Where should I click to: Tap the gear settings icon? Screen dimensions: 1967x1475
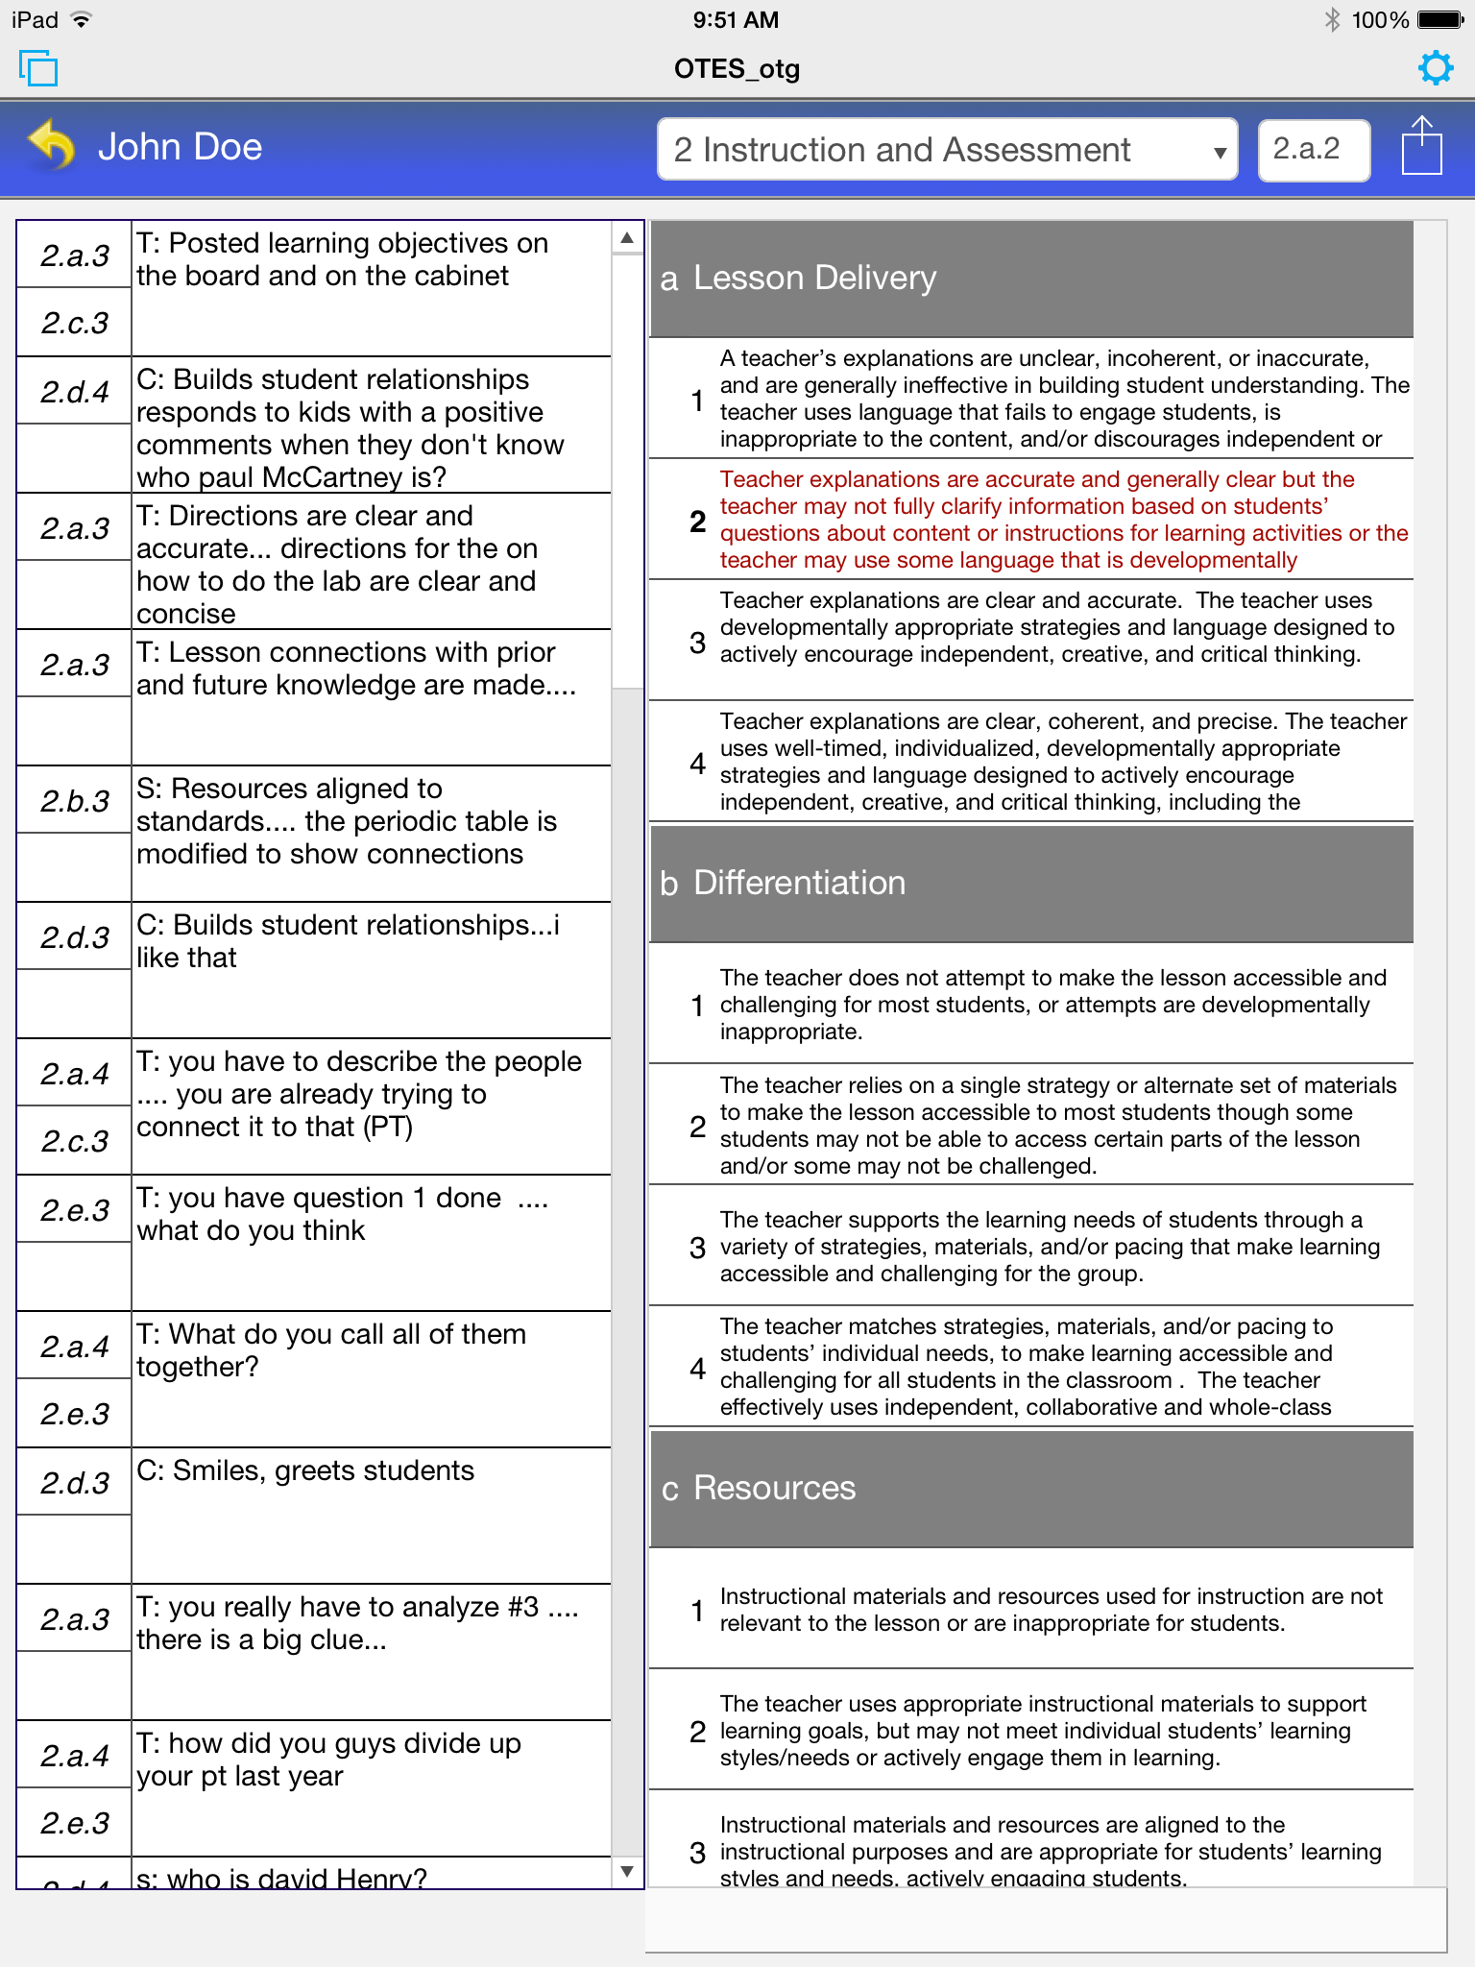click(x=1435, y=68)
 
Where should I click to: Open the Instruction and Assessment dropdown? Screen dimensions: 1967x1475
click(x=947, y=150)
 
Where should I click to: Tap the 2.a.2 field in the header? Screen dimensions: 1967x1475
click(x=1313, y=150)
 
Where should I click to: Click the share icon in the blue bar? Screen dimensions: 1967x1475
click(x=1421, y=147)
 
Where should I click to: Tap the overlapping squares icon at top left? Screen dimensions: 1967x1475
click(x=38, y=68)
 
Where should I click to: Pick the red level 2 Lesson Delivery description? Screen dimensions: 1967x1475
click(x=1062, y=520)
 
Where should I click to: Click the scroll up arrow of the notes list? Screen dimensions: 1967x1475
click(x=627, y=237)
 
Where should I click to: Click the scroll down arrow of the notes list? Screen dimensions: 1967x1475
click(x=627, y=1871)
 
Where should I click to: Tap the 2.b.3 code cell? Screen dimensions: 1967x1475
click(x=75, y=801)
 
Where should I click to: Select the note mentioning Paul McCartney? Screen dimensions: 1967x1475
click(x=370, y=427)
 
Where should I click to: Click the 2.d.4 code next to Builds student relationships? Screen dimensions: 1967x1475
click(x=75, y=392)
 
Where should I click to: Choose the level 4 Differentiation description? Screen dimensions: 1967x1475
click(x=1062, y=1367)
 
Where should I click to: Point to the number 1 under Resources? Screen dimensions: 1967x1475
click(x=698, y=1611)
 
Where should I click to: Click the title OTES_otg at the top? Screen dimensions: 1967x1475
click(x=737, y=69)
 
